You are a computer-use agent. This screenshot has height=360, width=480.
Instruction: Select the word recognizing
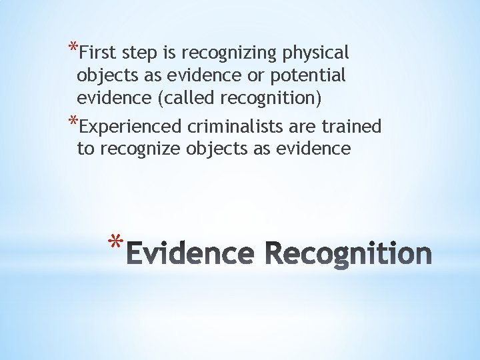[228, 53]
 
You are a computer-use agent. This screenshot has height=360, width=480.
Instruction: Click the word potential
[309, 76]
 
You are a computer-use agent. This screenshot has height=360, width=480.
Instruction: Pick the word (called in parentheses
[179, 99]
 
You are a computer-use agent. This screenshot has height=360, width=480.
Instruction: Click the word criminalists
[232, 125]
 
